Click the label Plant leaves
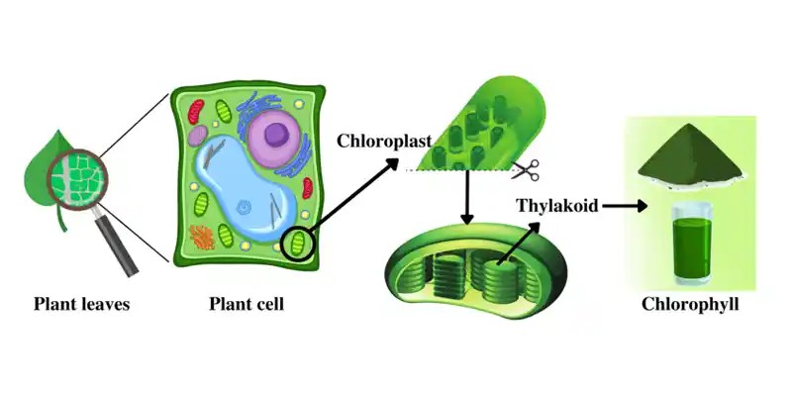pyautogui.click(x=82, y=304)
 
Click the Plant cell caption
pyautogui.click(x=247, y=304)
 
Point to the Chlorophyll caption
pyautogui.click(x=690, y=304)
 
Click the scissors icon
pyautogui.click(x=525, y=169)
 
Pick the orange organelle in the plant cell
pyautogui.click(x=202, y=237)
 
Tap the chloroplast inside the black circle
pyautogui.click(x=296, y=242)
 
